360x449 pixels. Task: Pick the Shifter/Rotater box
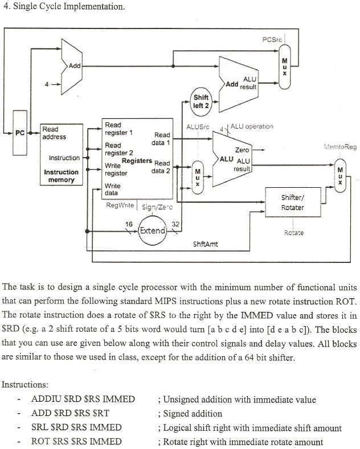(x=292, y=203)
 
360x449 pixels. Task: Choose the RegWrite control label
(x=120, y=205)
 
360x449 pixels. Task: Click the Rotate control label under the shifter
(x=293, y=232)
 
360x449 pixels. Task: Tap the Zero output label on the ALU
(x=242, y=150)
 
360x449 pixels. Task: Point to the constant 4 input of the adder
(x=47, y=84)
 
